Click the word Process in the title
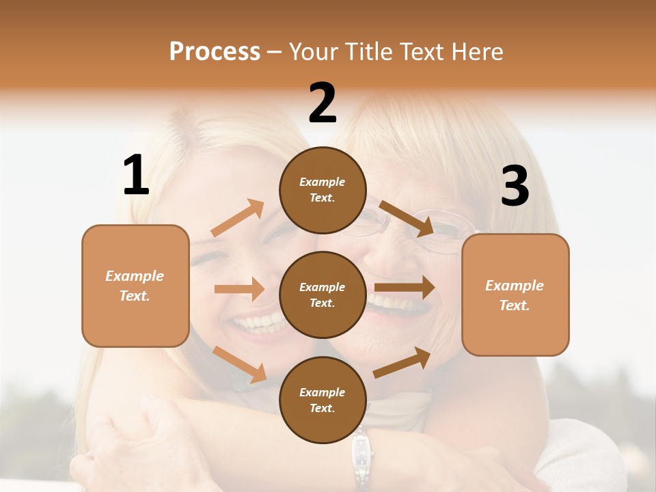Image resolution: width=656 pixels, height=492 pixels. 215,52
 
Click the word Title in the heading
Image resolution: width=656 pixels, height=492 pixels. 366,52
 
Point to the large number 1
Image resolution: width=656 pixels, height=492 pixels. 136,176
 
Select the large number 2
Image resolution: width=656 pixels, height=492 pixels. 323,103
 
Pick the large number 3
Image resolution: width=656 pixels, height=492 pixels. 515,187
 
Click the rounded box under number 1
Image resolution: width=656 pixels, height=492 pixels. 135,286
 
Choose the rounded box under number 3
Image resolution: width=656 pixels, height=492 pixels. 515,295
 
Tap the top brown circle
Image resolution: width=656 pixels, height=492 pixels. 323,190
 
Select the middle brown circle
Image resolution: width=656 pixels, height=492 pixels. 323,295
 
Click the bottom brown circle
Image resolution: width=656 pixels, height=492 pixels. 323,400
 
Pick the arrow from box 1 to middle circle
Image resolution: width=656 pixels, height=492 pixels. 239,289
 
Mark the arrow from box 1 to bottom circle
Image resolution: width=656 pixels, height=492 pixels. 239,364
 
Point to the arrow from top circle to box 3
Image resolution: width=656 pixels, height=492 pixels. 407,218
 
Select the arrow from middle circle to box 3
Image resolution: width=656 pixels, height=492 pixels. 405,288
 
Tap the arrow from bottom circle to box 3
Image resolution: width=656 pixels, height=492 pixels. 402,362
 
